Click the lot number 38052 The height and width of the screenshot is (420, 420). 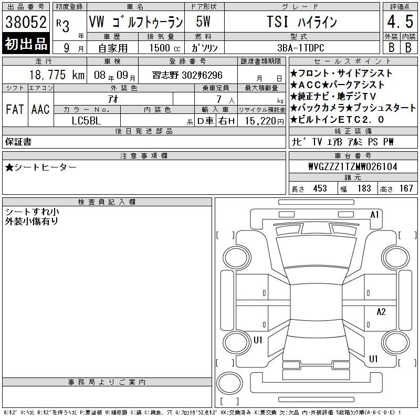[x=26, y=22]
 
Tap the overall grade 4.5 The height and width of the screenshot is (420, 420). [x=400, y=22]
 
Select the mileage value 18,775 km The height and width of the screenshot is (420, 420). [x=57, y=75]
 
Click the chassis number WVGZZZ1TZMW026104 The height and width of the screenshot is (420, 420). [x=353, y=166]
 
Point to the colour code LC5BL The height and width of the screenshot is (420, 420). [x=86, y=121]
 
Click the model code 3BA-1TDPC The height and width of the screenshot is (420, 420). [x=301, y=48]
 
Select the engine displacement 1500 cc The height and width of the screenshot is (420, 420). [x=165, y=48]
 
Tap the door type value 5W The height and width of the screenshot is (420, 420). [x=203, y=22]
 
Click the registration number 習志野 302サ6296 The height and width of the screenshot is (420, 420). [x=187, y=75]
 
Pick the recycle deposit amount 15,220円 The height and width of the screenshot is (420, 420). [x=265, y=121]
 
